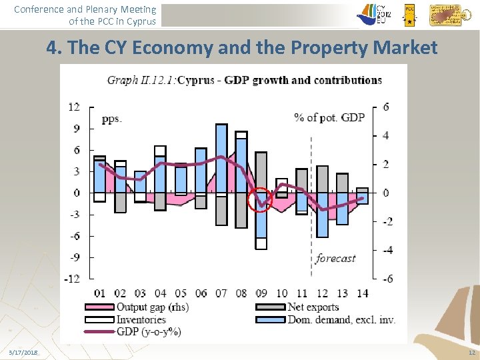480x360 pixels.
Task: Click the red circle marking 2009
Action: click(x=260, y=199)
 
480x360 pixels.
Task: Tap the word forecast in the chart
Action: click(x=335, y=258)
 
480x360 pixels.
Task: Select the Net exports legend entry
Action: click(x=313, y=307)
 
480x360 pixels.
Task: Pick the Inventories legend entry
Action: click(x=141, y=319)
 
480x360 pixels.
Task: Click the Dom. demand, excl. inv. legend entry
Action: click(x=341, y=319)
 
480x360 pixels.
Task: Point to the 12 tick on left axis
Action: click(x=74, y=107)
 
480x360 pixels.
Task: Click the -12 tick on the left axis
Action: click(x=72, y=279)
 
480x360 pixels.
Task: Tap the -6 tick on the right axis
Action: click(x=387, y=279)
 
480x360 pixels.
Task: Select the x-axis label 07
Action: click(x=221, y=293)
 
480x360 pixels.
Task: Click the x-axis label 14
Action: click(x=362, y=293)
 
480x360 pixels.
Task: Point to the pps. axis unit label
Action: click(x=111, y=119)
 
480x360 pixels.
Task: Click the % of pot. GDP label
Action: click(x=329, y=117)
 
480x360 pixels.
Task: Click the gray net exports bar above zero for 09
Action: click(x=261, y=172)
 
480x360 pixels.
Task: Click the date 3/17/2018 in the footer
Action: click(x=24, y=352)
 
